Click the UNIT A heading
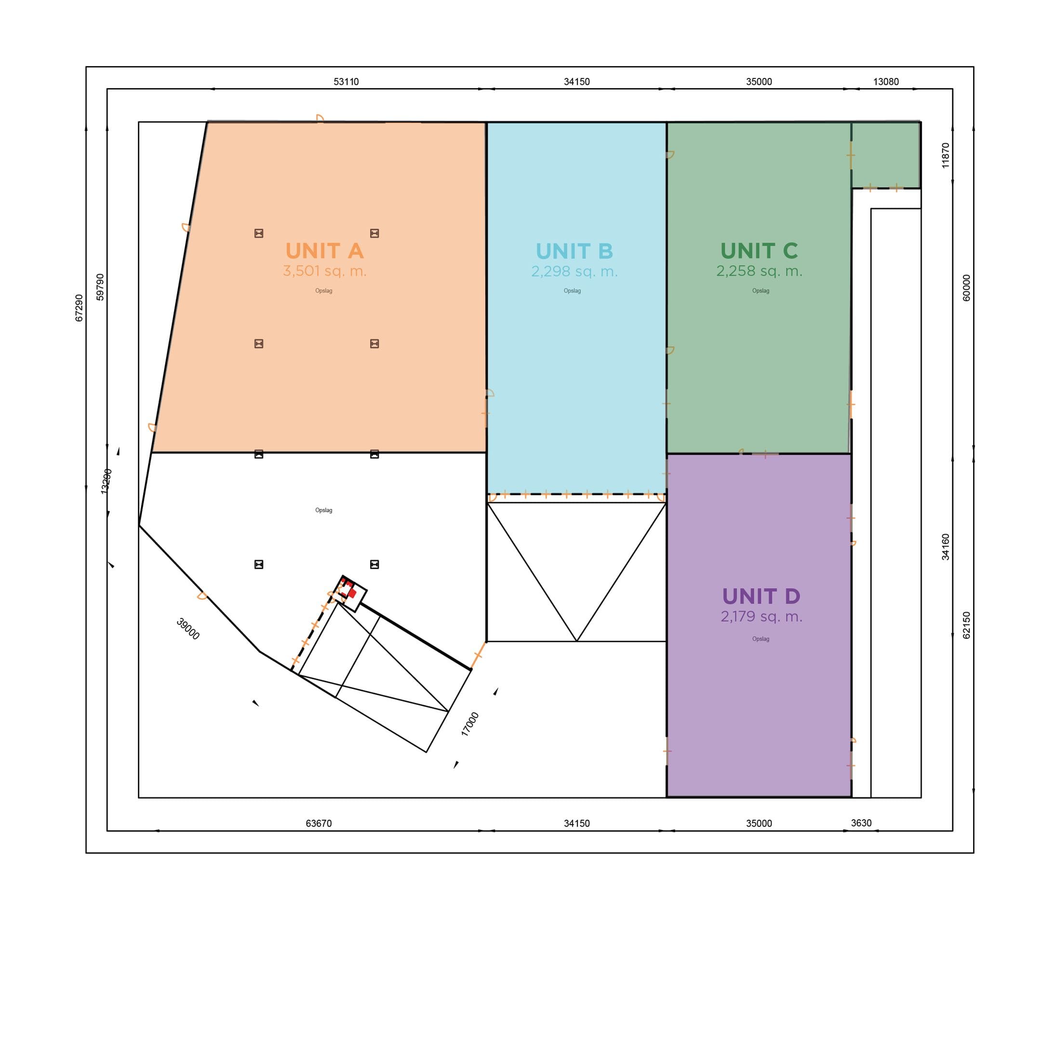[324, 251]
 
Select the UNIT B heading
[574, 251]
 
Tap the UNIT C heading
[759, 251]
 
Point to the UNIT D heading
[761, 597]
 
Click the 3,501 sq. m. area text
[325, 271]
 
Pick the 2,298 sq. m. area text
[574, 271]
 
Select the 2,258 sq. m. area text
[759, 271]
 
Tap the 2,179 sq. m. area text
[761, 616]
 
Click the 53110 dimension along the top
[346, 82]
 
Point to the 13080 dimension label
[886, 82]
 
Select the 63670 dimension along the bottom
[319, 823]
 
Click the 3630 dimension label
[861, 823]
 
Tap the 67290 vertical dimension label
[79, 308]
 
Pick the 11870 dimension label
[945, 156]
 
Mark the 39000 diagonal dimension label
[188, 629]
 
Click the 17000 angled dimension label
[470, 724]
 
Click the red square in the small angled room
[352, 593]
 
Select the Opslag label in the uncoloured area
[324, 510]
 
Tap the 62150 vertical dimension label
[966, 625]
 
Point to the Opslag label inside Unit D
[761, 639]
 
